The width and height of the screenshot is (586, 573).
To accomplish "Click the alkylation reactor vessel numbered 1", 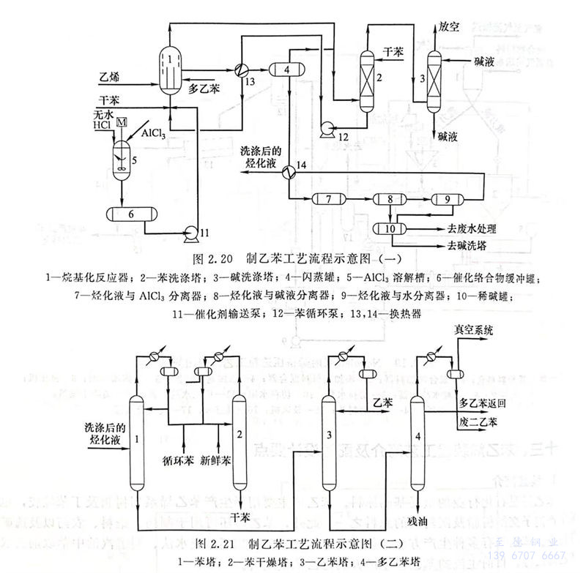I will [x=169, y=66].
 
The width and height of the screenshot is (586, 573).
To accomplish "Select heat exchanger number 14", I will [x=289, y=168].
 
